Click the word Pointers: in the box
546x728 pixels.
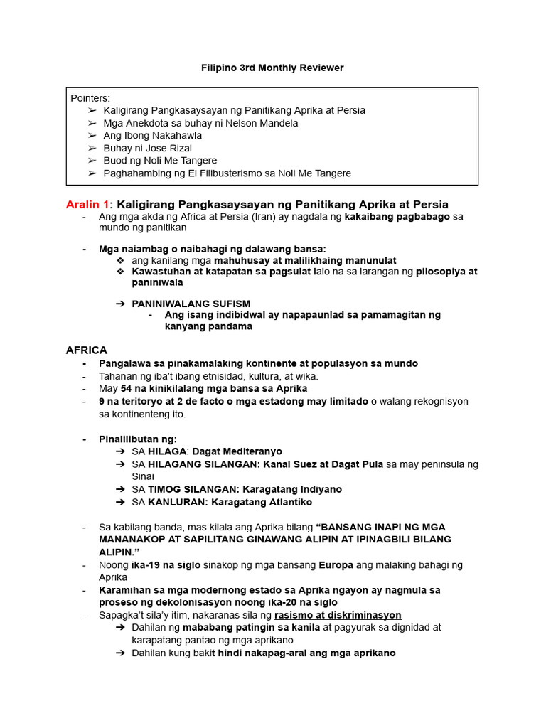[90, 98]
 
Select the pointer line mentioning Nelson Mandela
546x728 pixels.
[200, 123]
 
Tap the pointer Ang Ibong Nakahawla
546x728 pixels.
[152, 135]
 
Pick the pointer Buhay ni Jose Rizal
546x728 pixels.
[147, 148]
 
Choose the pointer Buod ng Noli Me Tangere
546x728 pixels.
[160, 161]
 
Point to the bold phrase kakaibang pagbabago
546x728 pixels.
[397, 216]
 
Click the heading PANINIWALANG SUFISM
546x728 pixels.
[191, 304]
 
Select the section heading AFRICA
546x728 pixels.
[87, 350]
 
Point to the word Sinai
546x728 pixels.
[143, 476]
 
